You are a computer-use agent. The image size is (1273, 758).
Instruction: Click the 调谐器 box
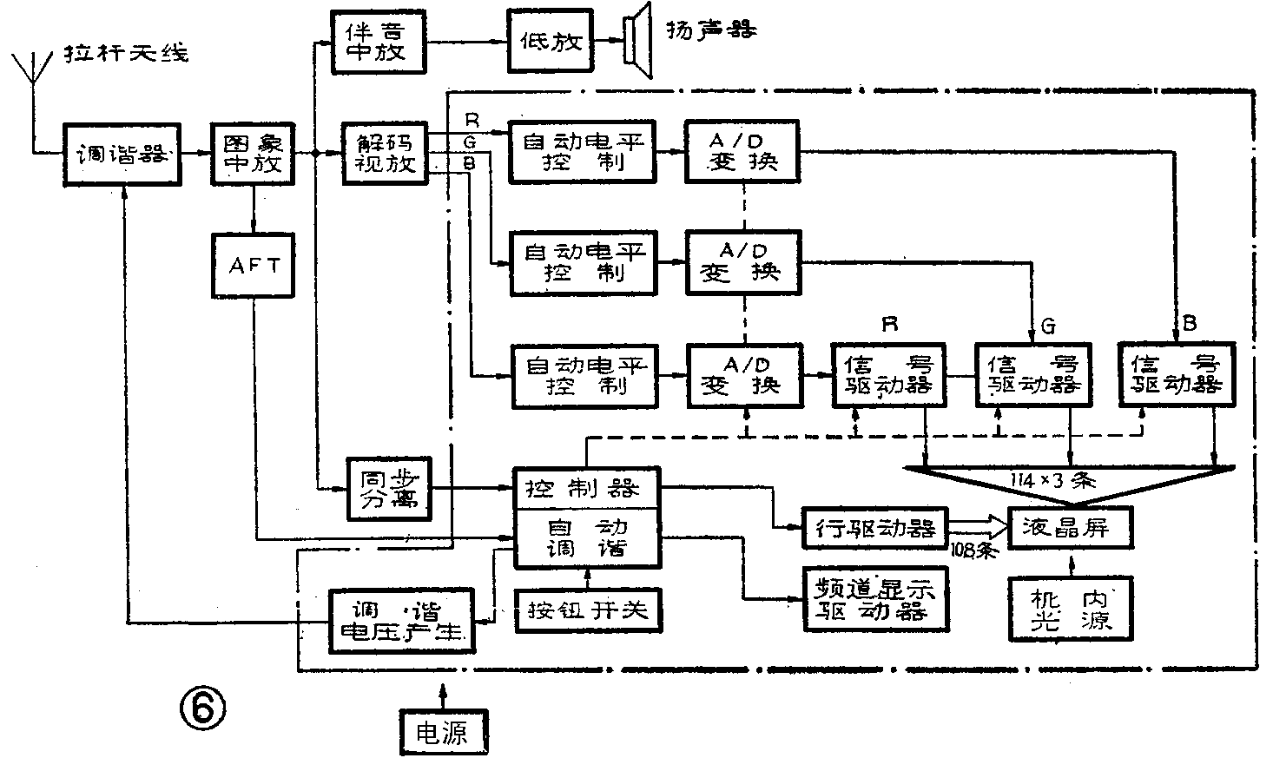coord(123,155)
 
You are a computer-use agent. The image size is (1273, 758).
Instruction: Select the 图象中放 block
coord(254,154)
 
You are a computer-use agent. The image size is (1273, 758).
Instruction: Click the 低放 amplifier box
coord(551,41)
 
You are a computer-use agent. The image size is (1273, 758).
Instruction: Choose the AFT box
coord(254,266)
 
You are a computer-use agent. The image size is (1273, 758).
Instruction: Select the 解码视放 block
coord(386,154)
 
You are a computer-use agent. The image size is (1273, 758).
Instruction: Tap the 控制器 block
coord(587,487)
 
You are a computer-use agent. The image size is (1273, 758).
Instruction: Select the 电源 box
coord(442,733)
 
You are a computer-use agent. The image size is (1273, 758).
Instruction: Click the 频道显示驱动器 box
coord(874,598)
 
